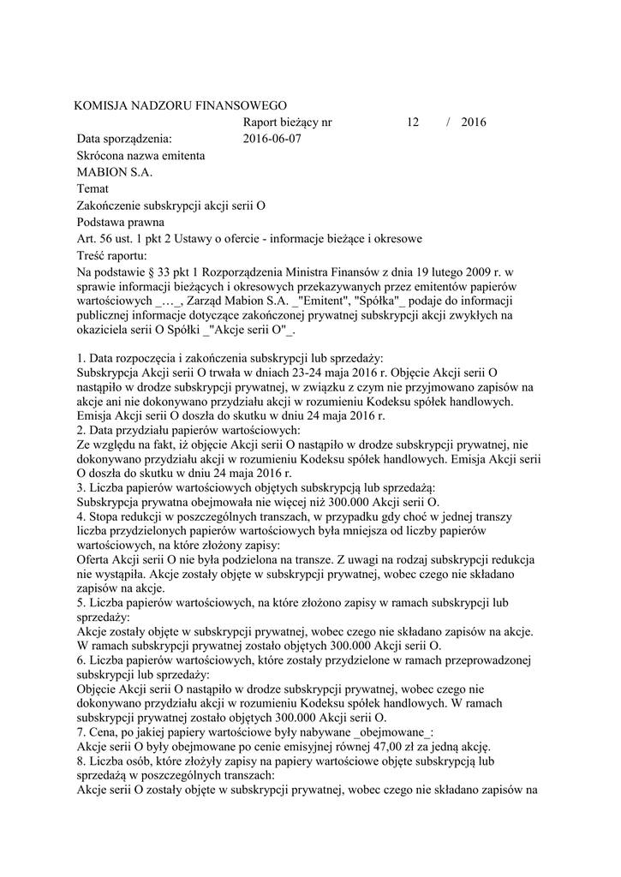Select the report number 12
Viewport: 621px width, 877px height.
(x=413, y=122)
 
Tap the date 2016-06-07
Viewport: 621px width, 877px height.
(x=272, y=138)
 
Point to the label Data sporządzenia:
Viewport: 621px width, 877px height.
(x=124, y=138)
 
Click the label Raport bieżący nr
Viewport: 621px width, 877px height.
(x=287, y=122)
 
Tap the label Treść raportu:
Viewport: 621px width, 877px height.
(x=111, y=255)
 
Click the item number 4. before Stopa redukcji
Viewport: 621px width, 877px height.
(x=81, y=517)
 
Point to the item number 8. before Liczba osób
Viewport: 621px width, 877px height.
(x=81, y=761)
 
